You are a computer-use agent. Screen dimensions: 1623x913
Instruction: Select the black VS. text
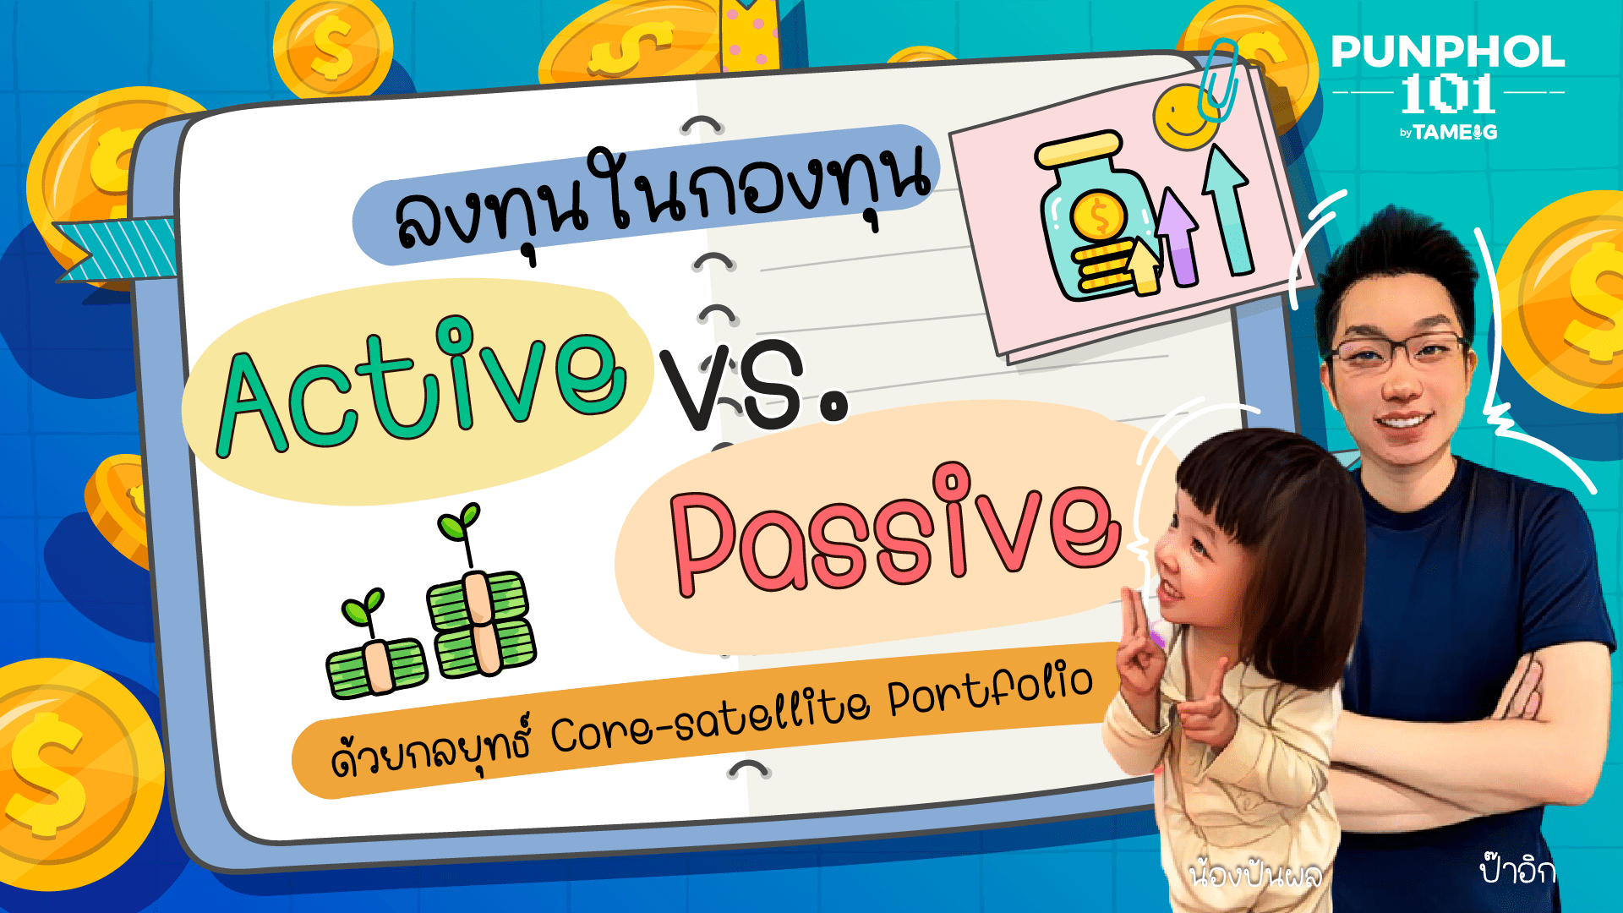click(x=753, y=385)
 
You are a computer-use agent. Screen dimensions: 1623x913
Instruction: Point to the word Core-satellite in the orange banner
click(x=710, y=714)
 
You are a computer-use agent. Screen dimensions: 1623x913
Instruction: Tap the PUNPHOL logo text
click(x=1448, y=52)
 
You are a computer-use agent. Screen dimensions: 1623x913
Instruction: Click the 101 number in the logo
click(x=1448, y=94)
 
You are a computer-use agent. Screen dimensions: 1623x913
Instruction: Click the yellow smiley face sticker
click(x=1187, y=116)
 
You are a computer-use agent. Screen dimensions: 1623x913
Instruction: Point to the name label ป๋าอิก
click(x=1518, y=869)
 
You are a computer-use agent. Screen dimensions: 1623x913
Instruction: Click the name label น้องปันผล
click(x=1254, y=873)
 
